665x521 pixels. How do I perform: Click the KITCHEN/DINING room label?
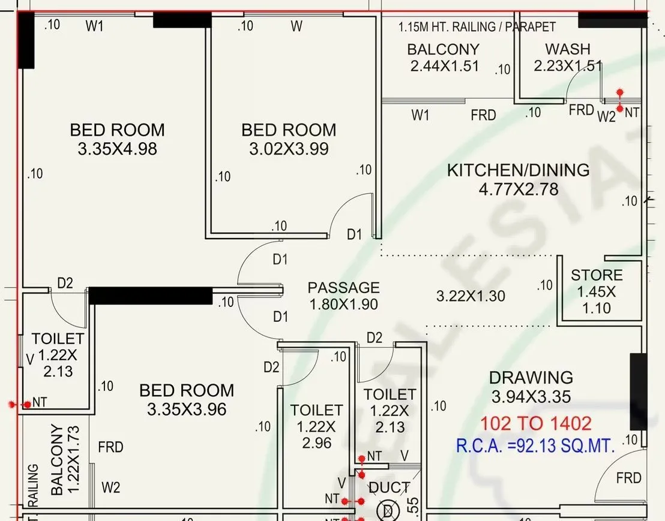tap(518, 170)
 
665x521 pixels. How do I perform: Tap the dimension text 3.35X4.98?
tap(117, 149)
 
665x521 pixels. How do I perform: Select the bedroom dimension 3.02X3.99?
tap(289, 149)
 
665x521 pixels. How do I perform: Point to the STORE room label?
tap(597, 275)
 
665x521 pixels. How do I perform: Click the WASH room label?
tap(567, 49)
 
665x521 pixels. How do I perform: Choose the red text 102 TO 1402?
tap(535, 424)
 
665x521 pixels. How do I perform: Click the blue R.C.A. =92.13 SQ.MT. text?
tap(535, 446)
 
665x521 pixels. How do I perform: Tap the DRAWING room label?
tap(531, 378)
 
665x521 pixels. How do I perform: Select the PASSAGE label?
tap(343, 288)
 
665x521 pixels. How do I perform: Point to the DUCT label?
tap(390, 488)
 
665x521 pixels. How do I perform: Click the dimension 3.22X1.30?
tap(471, 296)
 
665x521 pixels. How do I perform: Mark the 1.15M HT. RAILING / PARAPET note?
tap(477, 27)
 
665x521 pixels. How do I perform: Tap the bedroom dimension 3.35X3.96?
tap(187, 409)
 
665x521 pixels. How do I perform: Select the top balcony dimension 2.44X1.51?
tap(445, 66)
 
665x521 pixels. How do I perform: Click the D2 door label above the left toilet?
tap(65, 283)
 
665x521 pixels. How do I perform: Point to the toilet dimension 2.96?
tap(316, 443)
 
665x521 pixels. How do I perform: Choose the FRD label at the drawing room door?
tap(628, 478)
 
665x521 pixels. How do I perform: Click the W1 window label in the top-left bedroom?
tap(95, 26)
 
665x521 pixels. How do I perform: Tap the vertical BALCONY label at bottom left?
tap(57, 460)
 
